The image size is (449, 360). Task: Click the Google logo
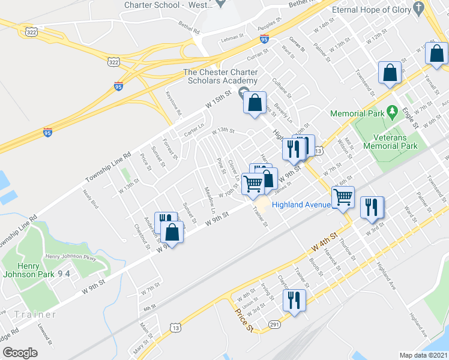pos(19,353)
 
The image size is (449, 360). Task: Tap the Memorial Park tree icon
pos(393,112)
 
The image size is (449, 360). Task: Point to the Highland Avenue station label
pos(301,205)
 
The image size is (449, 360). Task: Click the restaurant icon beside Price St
pos(294,300)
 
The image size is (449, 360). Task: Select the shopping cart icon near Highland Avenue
pos(343,196)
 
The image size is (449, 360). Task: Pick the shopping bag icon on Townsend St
pos(390,73)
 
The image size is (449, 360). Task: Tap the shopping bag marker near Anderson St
pos(172,232)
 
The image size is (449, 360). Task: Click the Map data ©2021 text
pos(423,355)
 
